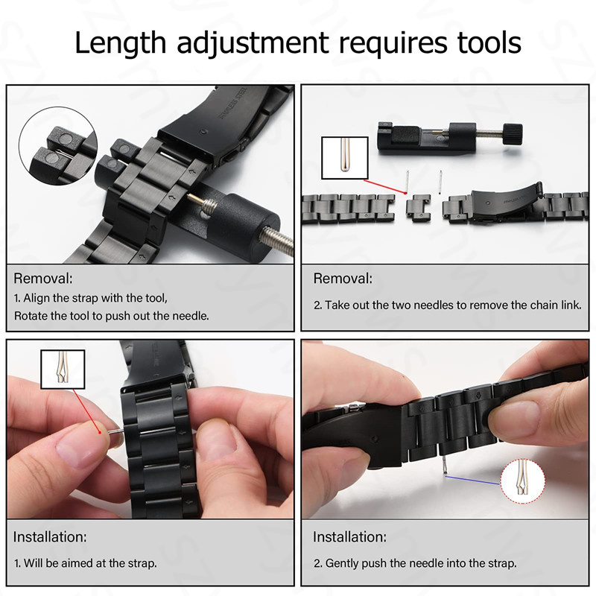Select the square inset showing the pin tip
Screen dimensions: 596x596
343,158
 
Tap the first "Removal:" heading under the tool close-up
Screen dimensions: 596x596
43,279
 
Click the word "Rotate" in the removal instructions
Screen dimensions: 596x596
31,315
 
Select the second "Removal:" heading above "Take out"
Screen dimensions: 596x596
342,279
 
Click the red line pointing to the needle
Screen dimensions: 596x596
80,409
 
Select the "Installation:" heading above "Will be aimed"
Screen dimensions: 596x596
50,537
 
